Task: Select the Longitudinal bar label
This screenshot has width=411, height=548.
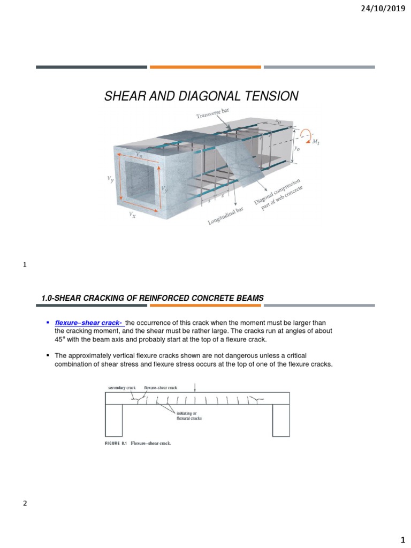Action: point(229,216)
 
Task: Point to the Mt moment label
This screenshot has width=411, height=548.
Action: point(315,141)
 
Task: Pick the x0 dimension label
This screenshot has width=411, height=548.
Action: point(278,121)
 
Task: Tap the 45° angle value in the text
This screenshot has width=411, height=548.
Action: point(62,339)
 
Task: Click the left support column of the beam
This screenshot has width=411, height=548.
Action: point(113,420)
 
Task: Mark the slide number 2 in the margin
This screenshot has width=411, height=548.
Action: point(25,504)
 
